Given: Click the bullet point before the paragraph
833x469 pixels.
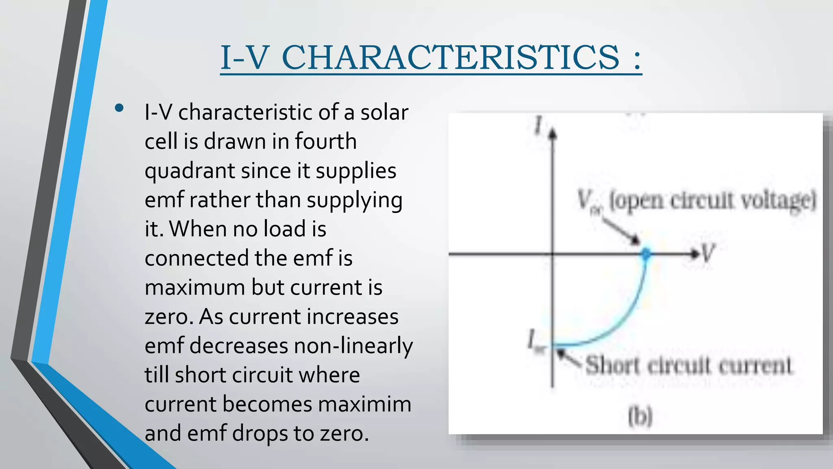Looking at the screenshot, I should pos(119,108).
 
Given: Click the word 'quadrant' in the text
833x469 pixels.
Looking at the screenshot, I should pos(189,171).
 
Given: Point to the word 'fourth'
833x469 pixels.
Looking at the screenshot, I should pos(325,142).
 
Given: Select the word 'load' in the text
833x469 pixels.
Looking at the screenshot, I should pos(284,229).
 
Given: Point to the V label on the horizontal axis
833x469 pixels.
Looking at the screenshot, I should pos(708,254).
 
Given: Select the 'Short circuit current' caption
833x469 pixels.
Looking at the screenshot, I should pos(689,365).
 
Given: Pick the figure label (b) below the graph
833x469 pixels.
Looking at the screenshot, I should pos(640,416).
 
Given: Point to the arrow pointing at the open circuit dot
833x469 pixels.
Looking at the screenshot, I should pos(621,231).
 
